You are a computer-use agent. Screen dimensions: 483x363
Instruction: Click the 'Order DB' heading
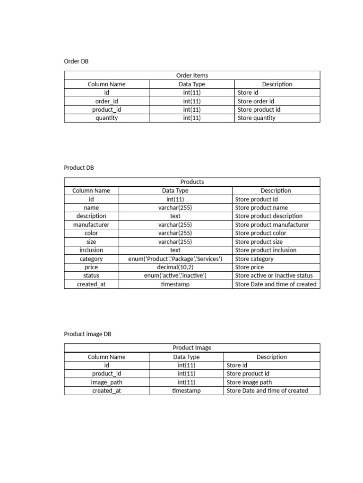click(76, 61)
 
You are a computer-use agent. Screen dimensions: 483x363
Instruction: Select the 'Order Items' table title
click(192, 75)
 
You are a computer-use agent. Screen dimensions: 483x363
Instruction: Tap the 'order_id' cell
click(106, 101)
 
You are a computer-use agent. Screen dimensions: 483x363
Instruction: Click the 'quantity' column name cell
click(106, 118)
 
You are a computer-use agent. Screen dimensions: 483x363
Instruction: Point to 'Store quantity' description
click(256, 118)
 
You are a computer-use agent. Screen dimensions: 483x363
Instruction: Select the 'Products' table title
click(192, 182)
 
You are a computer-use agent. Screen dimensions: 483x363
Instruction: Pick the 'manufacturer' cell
click(91, 225)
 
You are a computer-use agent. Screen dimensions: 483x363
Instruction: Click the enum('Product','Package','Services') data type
click(175, 259)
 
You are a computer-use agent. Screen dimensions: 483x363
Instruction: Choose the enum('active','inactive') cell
click(175, 275)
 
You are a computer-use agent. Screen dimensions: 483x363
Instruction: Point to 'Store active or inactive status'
click(274, 275)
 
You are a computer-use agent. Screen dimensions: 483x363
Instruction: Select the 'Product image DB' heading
click(87, 334)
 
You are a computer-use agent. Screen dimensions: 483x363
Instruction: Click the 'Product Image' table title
click(192, 348)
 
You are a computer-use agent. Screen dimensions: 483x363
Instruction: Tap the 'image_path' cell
click(106, 382)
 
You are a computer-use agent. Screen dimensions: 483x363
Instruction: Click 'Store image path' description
click(249, 382)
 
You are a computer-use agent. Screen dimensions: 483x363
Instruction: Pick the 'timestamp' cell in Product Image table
click(186, 391)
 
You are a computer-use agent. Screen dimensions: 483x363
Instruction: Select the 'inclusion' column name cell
click(91, 250)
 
